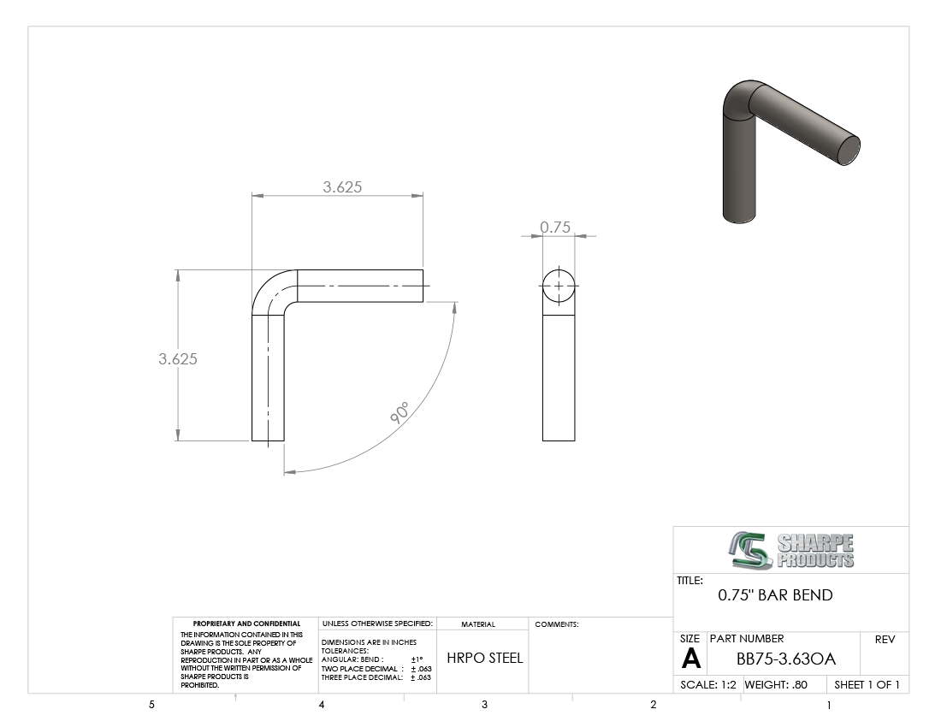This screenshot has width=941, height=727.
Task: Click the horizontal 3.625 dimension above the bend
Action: tap(342, 187)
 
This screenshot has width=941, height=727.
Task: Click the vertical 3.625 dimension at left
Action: tap(178, 358)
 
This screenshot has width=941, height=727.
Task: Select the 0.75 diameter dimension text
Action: tap(555, 227)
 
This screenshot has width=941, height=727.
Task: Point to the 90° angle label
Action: tap(399, 413)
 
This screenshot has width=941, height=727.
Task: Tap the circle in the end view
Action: tap(559, 270)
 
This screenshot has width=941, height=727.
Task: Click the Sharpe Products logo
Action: tap(791, 550)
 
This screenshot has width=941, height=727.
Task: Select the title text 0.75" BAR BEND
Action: tap(775, 595)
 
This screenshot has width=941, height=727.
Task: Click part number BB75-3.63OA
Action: tap(786, 659)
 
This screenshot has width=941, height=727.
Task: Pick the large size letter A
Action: tap(690, 659)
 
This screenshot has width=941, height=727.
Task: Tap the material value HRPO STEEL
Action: tap(485, 658)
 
